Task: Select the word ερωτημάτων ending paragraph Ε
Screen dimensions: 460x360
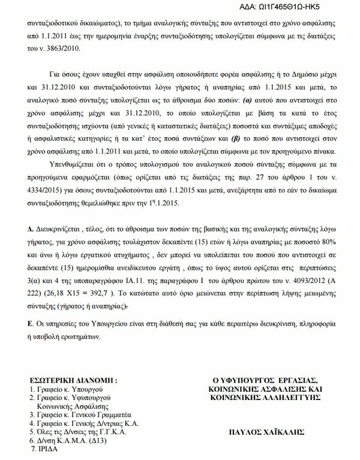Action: [64, 336]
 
